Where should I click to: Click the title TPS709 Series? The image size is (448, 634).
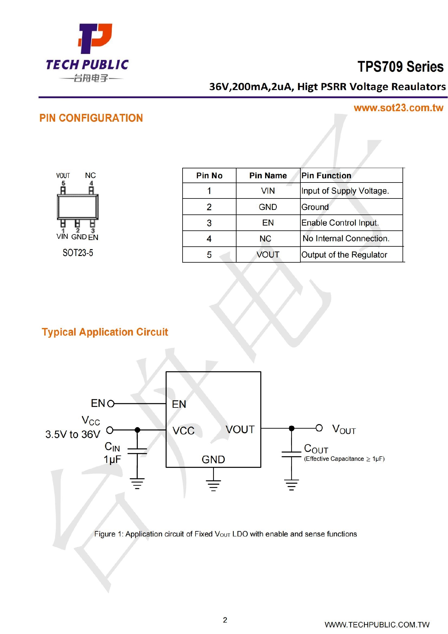click(x=400, y=67)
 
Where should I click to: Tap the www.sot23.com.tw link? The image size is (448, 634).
click(x=398, y=108)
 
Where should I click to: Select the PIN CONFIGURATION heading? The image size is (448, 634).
click(x=91, y=118)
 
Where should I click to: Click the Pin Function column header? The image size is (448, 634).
click(x=326, y=176)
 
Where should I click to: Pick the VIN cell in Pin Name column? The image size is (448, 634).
click(x=268, y=191)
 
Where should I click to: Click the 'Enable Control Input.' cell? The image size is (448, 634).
click(x=340, y=223)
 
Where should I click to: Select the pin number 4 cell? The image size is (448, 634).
click(x=209, y=239)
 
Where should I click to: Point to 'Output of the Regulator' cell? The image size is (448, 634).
click(x=344, y=255)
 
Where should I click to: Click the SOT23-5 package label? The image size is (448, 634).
click(x=78, y=253)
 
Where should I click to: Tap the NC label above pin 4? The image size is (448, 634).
click(x=90, y=175)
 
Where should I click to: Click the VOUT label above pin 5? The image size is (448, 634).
click(x=63, y=176)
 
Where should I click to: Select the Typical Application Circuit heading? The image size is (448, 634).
click(x=105, y=332)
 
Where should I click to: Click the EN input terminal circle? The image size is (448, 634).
click(x=111, y=404)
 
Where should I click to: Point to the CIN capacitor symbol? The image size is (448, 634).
click(x=137, y=451)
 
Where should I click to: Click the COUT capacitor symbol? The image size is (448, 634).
click(x=291, y=454)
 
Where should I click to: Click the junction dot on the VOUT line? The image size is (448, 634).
click(x=291, y=428)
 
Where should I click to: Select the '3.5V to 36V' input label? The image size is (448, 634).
click(x=73, y=434)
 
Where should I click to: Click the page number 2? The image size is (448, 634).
click(x=225, y=620)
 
